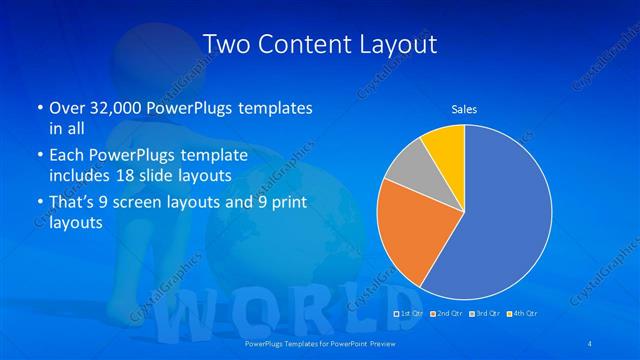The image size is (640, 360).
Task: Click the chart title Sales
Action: tap(464, 108)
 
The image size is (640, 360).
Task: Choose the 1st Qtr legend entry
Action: tap(408, 315)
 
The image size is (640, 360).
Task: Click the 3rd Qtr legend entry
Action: tap(486, 315)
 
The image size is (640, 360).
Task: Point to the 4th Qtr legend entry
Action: tap(525, 315)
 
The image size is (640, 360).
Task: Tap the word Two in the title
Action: tap(223, 44)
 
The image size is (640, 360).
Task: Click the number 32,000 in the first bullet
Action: tap(121, 107)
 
